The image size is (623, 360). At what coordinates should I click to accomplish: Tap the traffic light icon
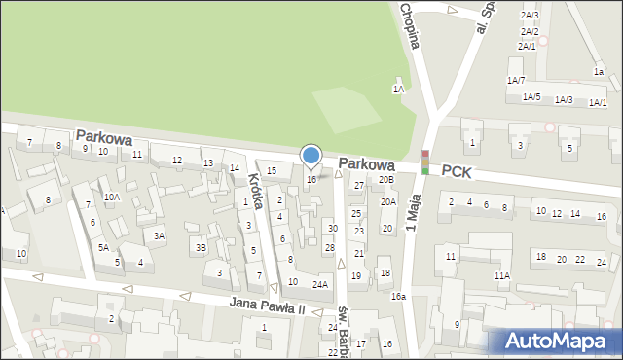tap(424, 162)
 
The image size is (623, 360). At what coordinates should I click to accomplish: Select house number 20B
tap(386, 179)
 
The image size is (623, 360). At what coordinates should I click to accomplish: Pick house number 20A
tap(388, 202)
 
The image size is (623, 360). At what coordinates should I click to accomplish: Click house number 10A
tap(113, 197)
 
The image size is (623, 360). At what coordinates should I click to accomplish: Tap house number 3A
tap(159, 235)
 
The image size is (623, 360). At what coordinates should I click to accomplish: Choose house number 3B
tap(201, 248)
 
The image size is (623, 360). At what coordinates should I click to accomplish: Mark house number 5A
tap(102, 247)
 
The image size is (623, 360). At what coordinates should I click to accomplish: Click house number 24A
tap(319, 284)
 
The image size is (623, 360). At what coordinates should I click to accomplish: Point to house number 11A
tap(501, 276)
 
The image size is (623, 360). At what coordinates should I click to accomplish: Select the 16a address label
tap(397, 296)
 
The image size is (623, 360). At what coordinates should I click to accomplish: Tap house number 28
tap(329, 248)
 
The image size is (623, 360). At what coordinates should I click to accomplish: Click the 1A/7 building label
tap(516, 80)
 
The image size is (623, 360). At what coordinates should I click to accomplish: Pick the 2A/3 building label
tap(530, 16)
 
